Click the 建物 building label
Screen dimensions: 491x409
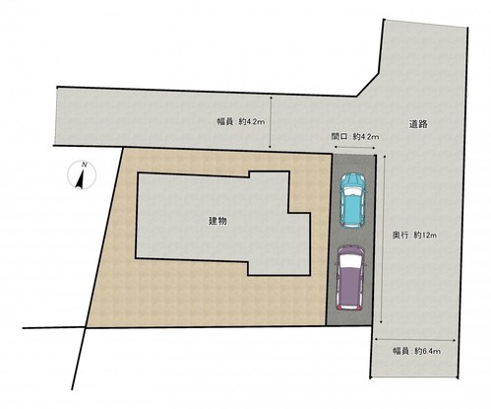click(217, 221)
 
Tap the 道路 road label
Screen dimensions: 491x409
click(418, 124)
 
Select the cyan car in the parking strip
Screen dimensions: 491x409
click(352, 201)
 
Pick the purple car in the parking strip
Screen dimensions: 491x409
click(350, 278)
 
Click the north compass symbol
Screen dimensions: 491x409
click(82, 174)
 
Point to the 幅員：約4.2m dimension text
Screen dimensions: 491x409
click(241, 122)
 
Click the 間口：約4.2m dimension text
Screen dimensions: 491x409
click(355, 136)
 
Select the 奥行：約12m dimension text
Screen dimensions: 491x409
click(414, 236)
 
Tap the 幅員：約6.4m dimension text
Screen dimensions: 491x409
click(416, 351)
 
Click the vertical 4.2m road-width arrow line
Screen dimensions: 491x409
click(271, 122)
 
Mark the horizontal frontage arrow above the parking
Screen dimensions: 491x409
click(354, 148)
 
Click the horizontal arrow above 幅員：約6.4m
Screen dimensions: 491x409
click(415, 340)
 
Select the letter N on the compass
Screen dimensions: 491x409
click(85, 165)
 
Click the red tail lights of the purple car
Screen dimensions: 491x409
click(349, 307)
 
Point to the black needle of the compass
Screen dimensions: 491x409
click(80, 181)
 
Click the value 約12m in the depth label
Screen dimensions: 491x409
click(425, 236)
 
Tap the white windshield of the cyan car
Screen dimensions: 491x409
click(353, 191)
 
